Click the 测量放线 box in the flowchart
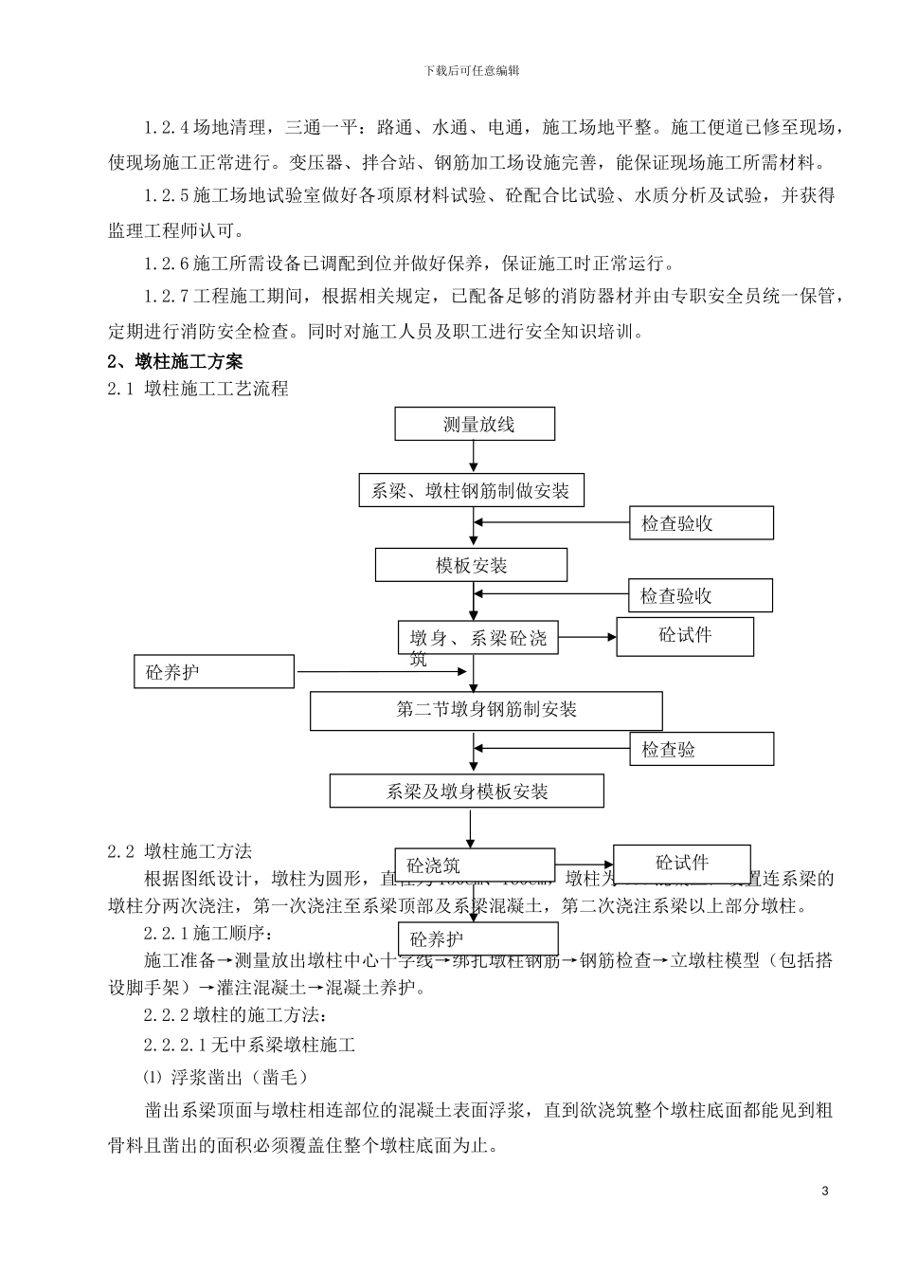coord(475,424)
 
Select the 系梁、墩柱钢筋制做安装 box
coord(471,491)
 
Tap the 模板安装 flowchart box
coord(471,565)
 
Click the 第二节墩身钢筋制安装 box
coord(486,710)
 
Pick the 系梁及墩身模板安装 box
coord(466,792)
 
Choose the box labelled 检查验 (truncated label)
coord(701,749)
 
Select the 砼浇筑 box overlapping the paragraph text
coord(474,864)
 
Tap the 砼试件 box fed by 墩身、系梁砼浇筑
coord(685,636)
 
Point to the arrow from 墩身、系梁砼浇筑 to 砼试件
coord(587,638)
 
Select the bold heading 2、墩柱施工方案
coord(175,361)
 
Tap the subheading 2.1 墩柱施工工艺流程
coord(197,388)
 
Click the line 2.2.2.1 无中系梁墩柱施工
coord(249,1046)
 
